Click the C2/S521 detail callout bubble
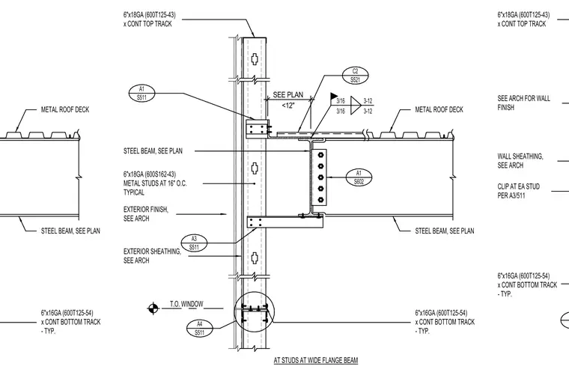click(356, 76)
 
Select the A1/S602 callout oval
click(359, 177)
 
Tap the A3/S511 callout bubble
click(194, 243)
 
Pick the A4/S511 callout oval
click(200, 328)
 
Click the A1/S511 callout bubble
click(142, 94)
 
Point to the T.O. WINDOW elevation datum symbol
click(153, 308)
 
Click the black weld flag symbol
click(334, 96)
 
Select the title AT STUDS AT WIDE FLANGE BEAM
click(316, 360)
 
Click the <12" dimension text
click(288, 106)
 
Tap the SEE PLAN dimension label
click(287, 95)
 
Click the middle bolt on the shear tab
click(320, 177)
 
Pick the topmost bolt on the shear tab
click(320, 155)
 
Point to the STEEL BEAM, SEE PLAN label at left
click(70, 231)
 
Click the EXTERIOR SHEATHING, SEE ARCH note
click(152, 256)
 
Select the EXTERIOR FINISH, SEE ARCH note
click(145, 214)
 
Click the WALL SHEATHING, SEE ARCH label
click(520, 161)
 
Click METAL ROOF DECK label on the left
click(65, 109)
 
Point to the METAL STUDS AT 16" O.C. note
click(155, 183)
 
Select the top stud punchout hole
click(255, 58)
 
